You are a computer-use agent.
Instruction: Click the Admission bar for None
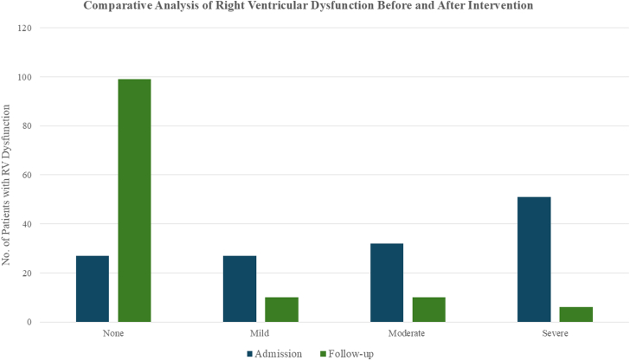[93, 289]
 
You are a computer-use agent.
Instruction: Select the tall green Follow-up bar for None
[134, 201]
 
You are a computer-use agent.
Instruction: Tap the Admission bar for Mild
[240, 289]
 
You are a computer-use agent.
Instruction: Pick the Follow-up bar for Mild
[281, 310]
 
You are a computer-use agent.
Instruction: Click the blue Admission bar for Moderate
[387, 283]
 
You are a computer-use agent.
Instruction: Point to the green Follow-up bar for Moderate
[428, 310]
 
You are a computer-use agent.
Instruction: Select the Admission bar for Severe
[534, 260]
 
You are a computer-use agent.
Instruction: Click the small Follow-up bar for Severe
[575, 314]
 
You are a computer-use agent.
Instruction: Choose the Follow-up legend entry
[349, 353]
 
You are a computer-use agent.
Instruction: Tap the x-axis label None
[113, 332]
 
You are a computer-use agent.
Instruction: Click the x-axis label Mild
[260, 332]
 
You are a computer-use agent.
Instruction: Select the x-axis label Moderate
[408, 332]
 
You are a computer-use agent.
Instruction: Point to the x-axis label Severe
[555, 332]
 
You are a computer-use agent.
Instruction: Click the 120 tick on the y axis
[25, 28]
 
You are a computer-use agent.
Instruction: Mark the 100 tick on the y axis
[25, 77]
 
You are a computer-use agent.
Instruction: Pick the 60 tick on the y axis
[27, 175]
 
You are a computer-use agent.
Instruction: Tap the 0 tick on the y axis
[29, 322]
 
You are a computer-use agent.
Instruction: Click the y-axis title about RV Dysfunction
[7, 183]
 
